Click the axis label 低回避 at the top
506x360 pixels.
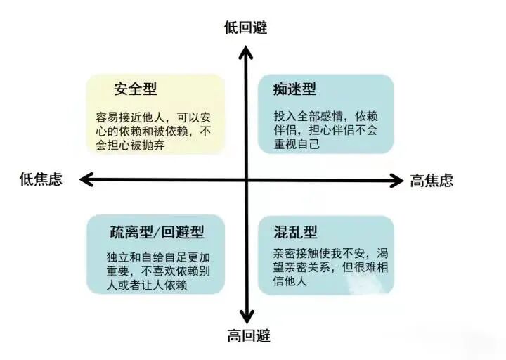[245, 27]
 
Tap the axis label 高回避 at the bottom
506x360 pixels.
[247, 337]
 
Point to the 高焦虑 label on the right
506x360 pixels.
[432, 181]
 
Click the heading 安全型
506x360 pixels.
[136, 89]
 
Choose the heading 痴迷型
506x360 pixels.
[294, 89]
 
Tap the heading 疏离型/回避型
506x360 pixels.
[157, 231]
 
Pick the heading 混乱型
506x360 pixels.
[296, 231]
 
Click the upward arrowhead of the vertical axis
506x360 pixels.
[246, 49]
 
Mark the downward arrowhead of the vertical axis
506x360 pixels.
[247, 316]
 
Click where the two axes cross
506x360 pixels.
[247, 180]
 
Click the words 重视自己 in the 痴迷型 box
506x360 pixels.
[296, 145]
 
